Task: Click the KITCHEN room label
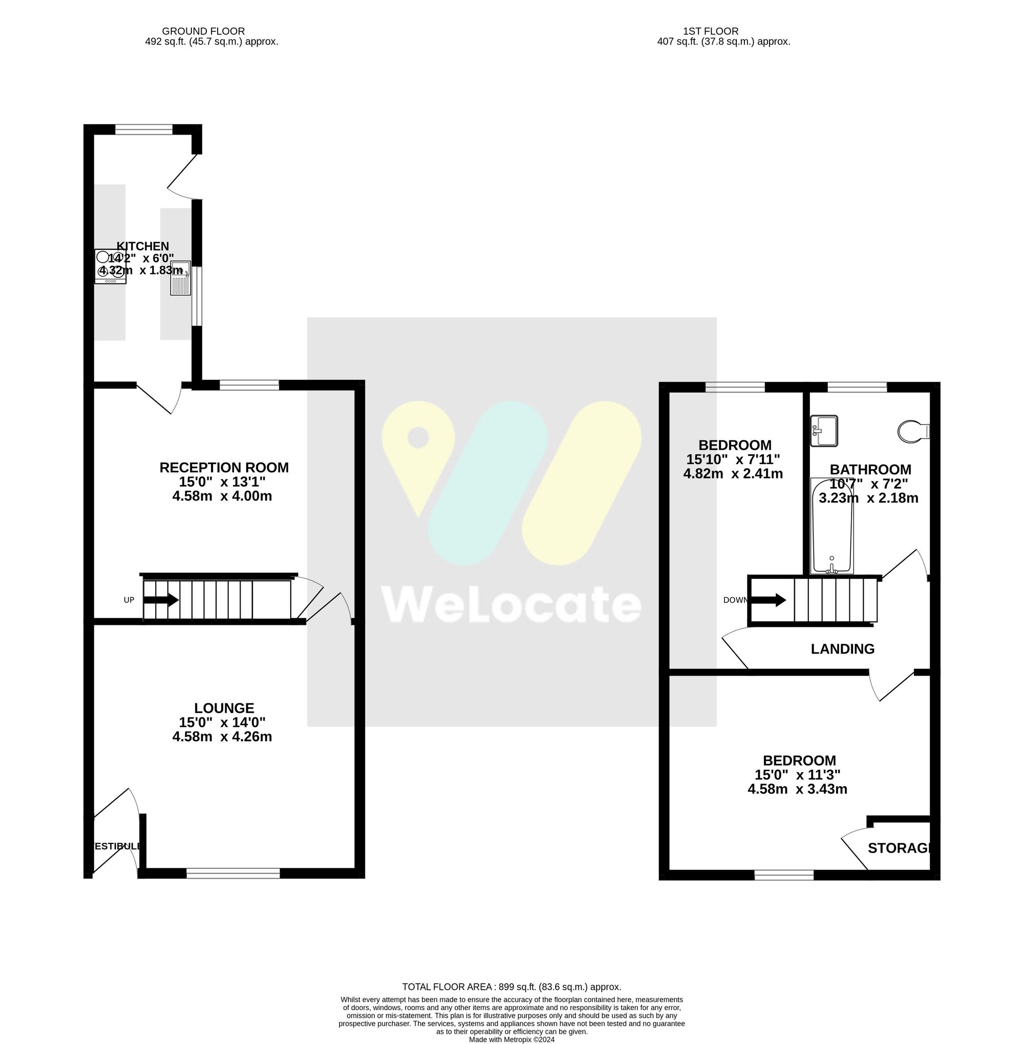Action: pos(142,246)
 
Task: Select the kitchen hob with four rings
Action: pos(110,266)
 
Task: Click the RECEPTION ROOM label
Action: pos(224,468)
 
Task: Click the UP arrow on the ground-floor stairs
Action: pos(161,600)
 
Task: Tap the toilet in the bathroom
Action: pos(913,431)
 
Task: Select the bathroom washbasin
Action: pos(824,430)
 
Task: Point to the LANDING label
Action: pos(842,649)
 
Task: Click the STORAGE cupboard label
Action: pos(900,849)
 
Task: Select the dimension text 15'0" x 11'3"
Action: pos(797,775)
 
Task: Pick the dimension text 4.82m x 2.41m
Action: pos(733,473)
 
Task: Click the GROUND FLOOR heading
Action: pos(203,31)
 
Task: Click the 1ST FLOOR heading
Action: pos(711,31)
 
